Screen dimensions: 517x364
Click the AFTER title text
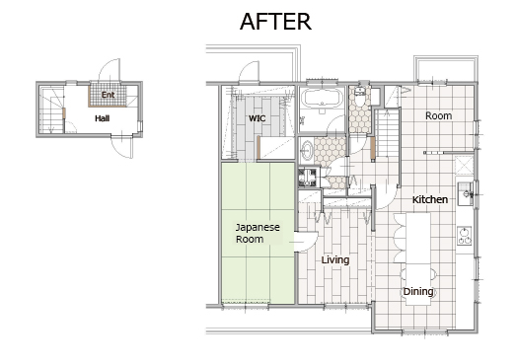275,22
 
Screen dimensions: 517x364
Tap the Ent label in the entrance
108,95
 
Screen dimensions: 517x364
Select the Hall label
103,118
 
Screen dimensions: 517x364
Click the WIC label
258,118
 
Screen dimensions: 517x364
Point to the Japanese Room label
258,233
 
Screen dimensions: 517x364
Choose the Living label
335,259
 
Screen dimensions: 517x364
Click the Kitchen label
430,199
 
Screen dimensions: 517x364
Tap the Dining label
418,291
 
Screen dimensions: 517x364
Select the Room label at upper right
438,115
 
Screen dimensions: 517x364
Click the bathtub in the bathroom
321,98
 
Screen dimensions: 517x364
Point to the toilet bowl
360,98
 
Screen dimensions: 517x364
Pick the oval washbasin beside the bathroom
307,150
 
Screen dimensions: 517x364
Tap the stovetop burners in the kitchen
465,236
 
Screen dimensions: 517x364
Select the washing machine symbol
307,177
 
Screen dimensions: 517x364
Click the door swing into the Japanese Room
307,242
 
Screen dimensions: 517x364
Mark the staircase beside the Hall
51,109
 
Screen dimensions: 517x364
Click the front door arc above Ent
110,70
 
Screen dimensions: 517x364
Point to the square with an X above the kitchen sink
464,165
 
